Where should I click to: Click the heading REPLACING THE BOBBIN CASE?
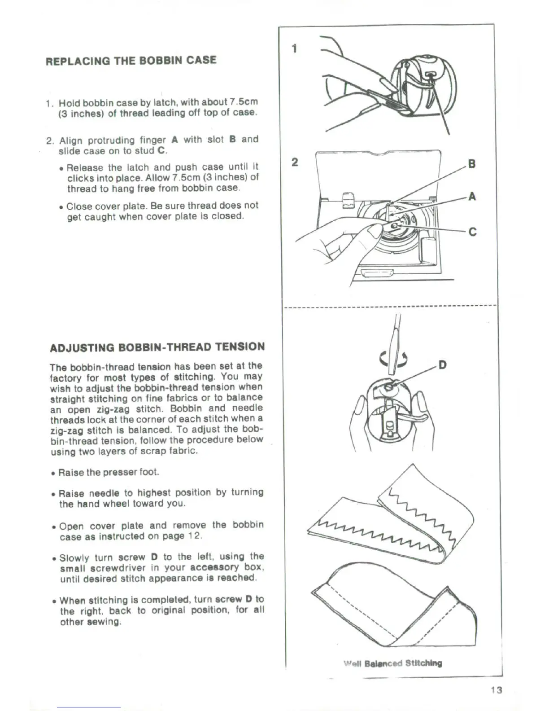(x=131, y=60)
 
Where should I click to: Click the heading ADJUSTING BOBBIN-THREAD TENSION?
(x=157, y=347)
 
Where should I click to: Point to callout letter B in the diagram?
(x=471, y=163)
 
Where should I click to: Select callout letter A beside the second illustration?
(x=471, y=196)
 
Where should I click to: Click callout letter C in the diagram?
(x=472, y=232)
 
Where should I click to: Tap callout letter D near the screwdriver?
(x=442, y=364)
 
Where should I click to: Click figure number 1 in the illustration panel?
(x=294, y=48)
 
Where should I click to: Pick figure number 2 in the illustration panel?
(x=294, y=162)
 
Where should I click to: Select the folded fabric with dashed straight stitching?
(x=395, y=610)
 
